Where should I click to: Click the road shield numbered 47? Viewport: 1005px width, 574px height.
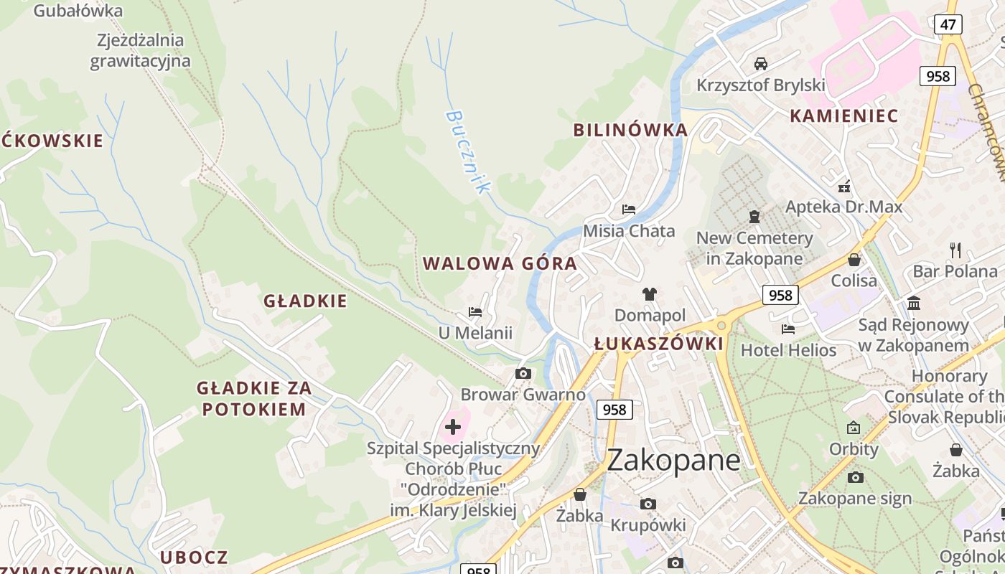pyautogui.click(x=948, y=24)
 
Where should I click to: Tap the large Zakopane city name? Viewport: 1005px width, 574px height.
pyautogui.click(x=673, y=460)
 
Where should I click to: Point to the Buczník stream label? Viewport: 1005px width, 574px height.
pyautogui.click(x=467, y=151)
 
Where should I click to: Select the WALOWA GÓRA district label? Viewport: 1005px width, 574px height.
pyautogui.click(x=500, y=263)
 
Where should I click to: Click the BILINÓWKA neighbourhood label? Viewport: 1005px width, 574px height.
pyautogui.click(x=630, y=130)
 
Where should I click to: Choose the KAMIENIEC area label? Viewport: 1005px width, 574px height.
pyautogui.click(x=844, y=116)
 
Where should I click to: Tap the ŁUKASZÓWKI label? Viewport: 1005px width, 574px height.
pyautogui.click(x=659, y=344)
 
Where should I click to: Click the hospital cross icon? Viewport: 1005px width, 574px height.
pyautogui.click(x=453, y=428)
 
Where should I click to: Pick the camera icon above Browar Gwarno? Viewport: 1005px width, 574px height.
pyautogui.click(x=523, y=373)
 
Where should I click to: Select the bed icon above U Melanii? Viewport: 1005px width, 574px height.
pyautogui.click(x=475, y=312)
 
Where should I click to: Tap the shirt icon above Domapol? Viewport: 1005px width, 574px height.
pyautogui.click(x=650, y=293)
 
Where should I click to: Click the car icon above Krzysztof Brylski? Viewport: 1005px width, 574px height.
pyautogui.click(x=761, y=63)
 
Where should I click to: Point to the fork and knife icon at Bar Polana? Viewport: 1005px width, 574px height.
pyautogui.click(x=955, y=250)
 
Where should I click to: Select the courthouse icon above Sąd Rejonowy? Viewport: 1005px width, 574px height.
pyautogui.click(x=914, y=303)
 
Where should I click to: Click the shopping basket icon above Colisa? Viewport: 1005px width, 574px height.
pyautogui.click(x=854, y=260)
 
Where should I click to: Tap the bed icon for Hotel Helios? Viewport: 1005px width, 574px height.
pyautogui.click(x=788, y=329)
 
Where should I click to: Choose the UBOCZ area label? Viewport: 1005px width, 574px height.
pyautogui.click(x=194, y=557)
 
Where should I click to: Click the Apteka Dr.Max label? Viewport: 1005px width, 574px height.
pyautogui.click(x=843, y=207)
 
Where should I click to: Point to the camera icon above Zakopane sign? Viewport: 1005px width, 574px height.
pyautogui.click(x=855, y=477)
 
